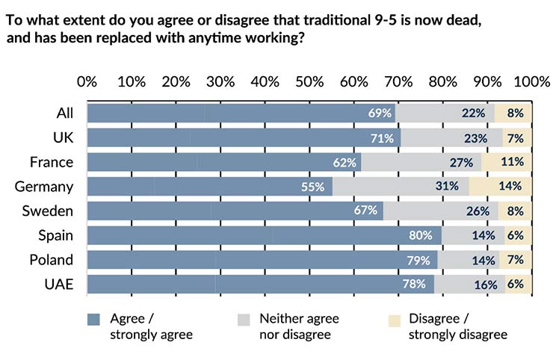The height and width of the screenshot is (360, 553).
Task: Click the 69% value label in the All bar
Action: [380, 114]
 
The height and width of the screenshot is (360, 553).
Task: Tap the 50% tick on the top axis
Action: [309, 81]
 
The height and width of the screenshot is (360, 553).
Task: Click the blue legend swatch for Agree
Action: [93, 319]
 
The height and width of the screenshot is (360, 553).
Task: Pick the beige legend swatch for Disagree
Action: [395, 319]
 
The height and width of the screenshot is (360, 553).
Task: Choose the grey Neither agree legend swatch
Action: [243, 319]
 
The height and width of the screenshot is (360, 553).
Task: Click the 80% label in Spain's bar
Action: [421, 235]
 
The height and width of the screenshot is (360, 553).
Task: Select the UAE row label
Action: [58, 285]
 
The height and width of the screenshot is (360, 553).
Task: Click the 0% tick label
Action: [87, 81]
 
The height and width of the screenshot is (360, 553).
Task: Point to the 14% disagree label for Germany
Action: [510, 187]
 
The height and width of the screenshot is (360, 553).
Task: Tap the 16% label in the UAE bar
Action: [486, 285]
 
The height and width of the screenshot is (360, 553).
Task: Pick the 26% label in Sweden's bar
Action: [478, 211]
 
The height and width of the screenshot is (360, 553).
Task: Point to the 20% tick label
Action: [176, 81]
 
